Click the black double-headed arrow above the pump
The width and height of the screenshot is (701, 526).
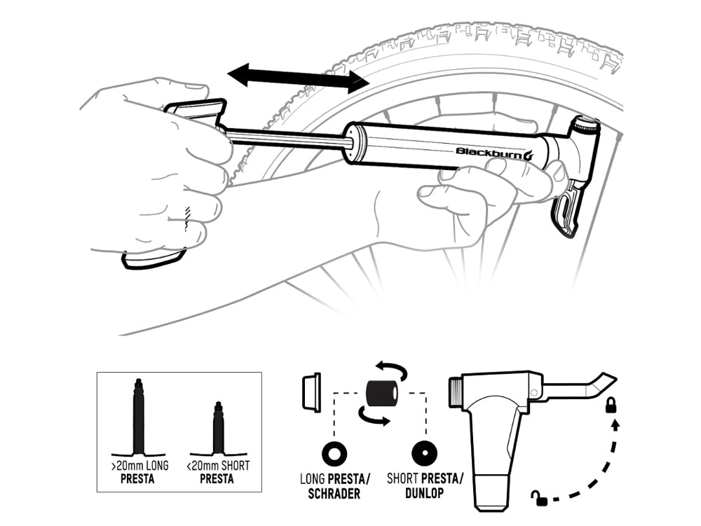pos(298,78)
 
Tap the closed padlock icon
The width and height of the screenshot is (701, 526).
pos(611,406)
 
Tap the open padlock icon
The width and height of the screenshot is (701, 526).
pos(539,497)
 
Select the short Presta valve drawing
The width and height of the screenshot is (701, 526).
pos(218,428)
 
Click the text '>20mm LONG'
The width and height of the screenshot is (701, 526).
pos(140,466)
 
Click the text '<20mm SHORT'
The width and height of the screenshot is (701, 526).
pos(218,466)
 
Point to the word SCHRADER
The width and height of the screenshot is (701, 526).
pos(334,494)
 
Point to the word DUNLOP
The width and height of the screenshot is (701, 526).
pos(424,493)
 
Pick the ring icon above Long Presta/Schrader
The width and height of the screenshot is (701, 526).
pos(334,454)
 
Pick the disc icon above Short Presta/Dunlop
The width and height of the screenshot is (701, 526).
pos(424,454)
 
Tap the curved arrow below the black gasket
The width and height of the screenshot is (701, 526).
pos(373,417)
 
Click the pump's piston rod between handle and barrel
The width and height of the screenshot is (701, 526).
pos(288,138)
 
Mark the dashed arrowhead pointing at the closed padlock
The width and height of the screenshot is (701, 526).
pos(615,425)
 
